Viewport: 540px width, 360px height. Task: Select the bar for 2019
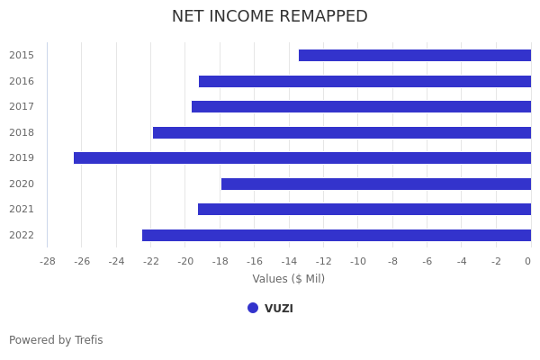coord(302,157)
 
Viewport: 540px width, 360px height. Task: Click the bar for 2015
coord(415,55)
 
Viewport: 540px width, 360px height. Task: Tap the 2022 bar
coord(337,235)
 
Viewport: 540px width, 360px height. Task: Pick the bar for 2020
coord(376,184)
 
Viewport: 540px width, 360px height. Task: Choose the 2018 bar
coord(342,132)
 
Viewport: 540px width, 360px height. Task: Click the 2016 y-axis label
coord(22,81)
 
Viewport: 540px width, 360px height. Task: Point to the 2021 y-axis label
coord(22,209)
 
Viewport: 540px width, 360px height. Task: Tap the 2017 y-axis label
coord(22,106)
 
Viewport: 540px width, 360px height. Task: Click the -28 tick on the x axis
coord(48,261)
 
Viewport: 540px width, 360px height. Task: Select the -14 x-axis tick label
coord(289,261)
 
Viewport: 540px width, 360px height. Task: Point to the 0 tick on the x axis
coord(527,261)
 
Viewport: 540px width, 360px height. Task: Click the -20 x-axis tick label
coord(185,261)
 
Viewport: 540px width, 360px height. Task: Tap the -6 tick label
coord(427,261)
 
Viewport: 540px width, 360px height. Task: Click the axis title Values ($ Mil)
coord(288,279)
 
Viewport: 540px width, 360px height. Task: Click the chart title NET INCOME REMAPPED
coord(270,16)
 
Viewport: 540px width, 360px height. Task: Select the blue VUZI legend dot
coord(253,308)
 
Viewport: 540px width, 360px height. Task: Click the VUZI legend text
coord(279,309)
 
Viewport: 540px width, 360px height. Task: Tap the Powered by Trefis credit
coord(56,340)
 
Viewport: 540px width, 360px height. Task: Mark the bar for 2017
coord(361,106)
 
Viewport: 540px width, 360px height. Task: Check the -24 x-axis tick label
coord(116,261)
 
